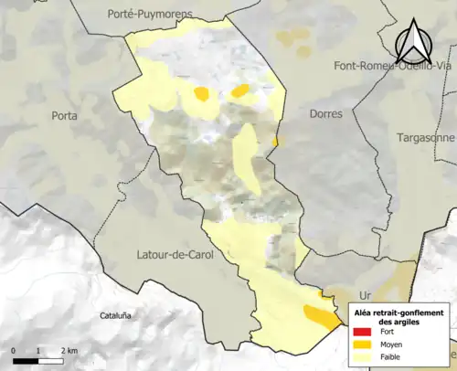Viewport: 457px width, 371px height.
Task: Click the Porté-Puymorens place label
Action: click(x=146, y=14)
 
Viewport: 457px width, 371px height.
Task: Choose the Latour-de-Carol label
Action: click(x=174, y=254)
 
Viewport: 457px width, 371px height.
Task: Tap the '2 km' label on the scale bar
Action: click(x=69, y=351)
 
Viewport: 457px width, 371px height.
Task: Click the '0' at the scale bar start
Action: click(x=14, y=351)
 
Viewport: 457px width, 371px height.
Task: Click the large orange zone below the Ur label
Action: click(x=319, y=317)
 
